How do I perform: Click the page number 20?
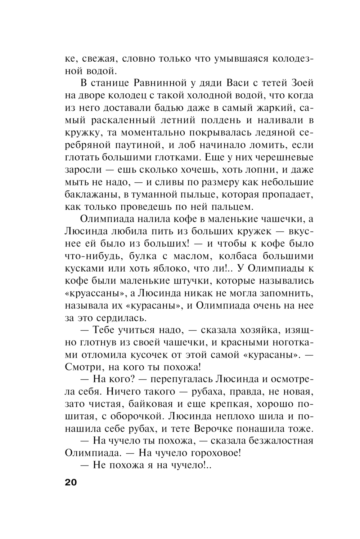point(71,483)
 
